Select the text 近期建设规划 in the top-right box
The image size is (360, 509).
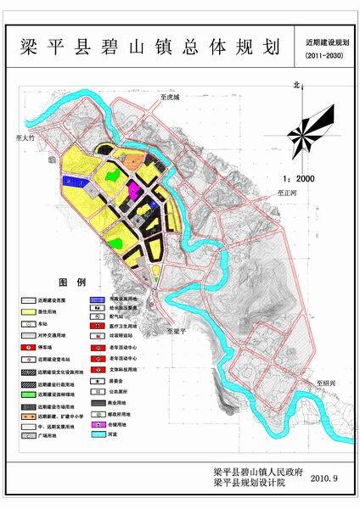(x=327, y=40)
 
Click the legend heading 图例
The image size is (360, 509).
(x=71, y=282)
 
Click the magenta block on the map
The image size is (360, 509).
(x=135, y=186)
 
